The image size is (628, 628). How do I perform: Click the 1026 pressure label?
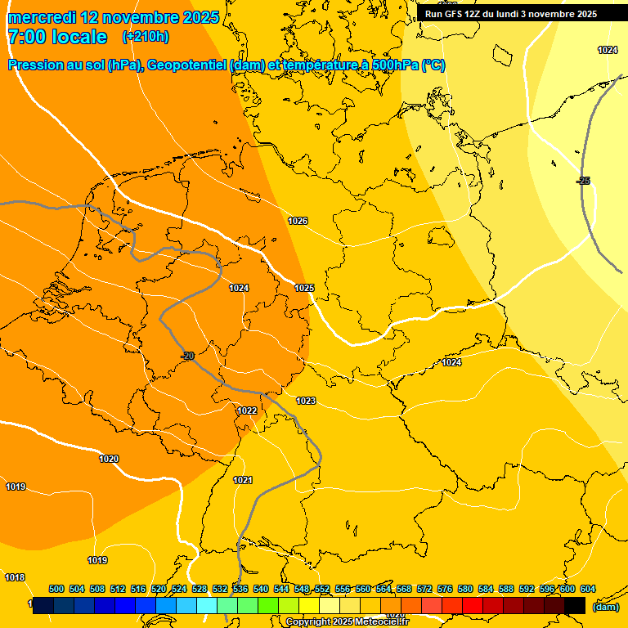[x=298, y=222]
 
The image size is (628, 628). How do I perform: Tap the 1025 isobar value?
[x=304, y=288]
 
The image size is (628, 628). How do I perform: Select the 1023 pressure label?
[x=306, y=401]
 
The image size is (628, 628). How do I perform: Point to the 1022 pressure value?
[x=247, y=410]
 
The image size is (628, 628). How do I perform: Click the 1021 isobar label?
[x=243, y=480]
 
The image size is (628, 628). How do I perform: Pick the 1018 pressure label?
[x=15, y=577]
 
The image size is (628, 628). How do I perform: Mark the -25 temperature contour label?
[x=583, y=181]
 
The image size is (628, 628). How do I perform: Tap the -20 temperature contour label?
[x=187, y=356]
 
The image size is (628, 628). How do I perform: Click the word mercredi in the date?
[x=42, y=17]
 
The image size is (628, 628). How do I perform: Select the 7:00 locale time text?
[x=57, y=37]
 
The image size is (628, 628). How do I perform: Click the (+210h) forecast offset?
[x=146, y=37]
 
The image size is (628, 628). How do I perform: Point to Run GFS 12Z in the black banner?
[x=453, y=14]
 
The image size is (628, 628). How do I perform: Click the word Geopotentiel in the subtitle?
[x=187, y=65]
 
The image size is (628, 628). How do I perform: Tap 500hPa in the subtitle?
[x=390, y=65]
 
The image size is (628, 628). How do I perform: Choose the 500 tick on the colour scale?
[x=56, y=589]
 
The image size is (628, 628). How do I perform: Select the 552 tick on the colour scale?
[x=322, y=589]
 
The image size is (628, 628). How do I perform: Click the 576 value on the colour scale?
[x=445, y=589]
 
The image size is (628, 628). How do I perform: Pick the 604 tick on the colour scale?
[x=587, y=589]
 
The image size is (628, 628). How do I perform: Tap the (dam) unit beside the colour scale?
[x=605, y=606]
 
